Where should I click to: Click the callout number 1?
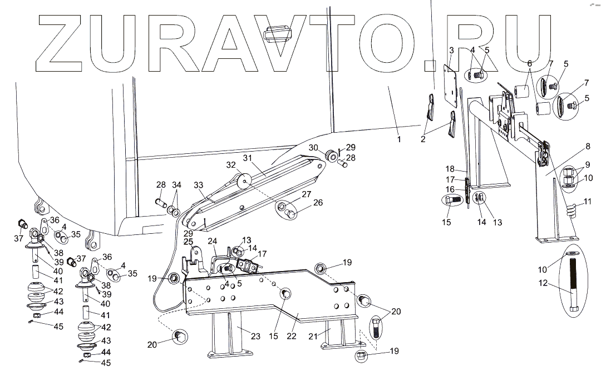point(399,139)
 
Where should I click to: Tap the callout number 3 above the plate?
point(451,50)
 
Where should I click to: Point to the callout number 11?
point(588,201)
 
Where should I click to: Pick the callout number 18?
point(450,169)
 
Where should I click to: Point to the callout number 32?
point(231,164)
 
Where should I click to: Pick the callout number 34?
point(176,184)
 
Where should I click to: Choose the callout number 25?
point(188,242)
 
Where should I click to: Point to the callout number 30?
point(314,148)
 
